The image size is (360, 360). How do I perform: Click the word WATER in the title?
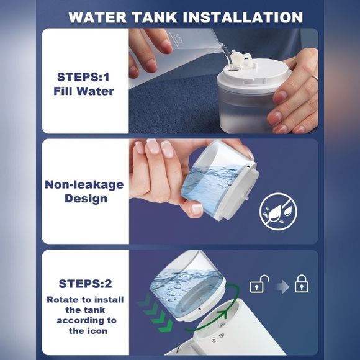tap(97, 17)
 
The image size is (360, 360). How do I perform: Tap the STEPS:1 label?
tap(83, 77)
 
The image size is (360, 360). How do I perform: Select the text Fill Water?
tap(84, 91)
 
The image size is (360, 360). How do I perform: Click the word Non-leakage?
tap(84, 185)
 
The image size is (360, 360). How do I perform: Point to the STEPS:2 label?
tap(85, 284)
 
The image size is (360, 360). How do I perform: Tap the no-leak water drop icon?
tap(278, 212)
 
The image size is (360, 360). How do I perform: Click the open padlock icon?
tap(259, 284)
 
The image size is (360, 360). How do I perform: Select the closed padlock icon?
tap(302, 284)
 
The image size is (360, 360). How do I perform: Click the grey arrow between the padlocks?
tap(282, 287)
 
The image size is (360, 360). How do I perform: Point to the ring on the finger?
tap(315, 79)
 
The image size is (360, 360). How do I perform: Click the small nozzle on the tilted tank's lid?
tap(246, 197)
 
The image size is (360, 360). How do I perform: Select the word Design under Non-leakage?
tap(86, 199)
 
